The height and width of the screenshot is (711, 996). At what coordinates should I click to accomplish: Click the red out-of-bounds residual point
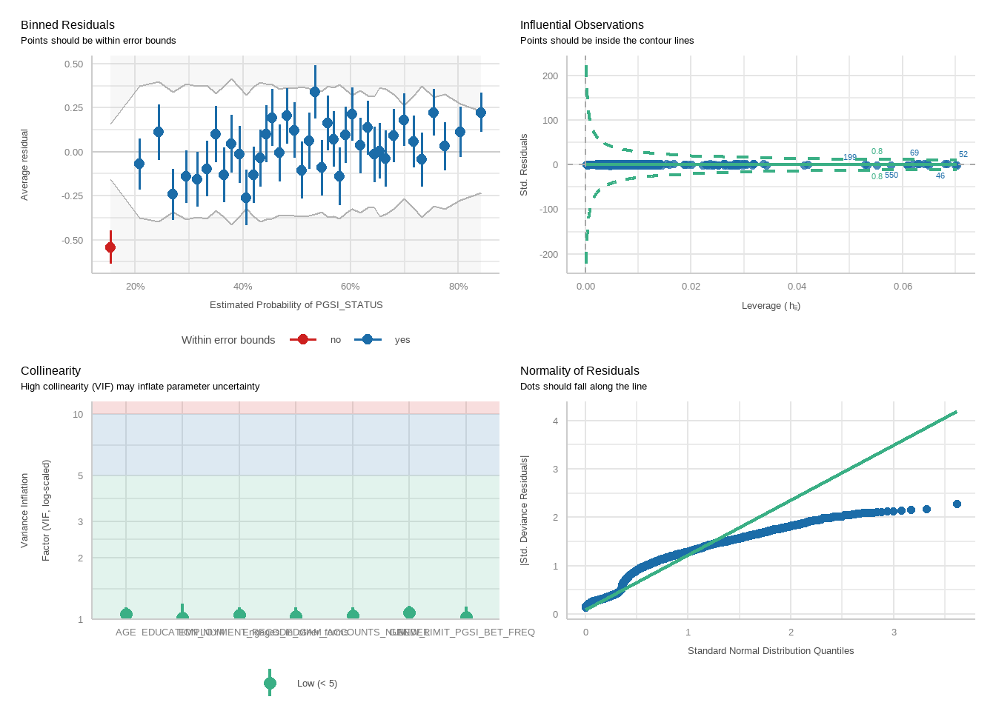click(x=110, y=247)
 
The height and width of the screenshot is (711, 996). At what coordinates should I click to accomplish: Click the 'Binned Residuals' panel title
click(x=67, y=25)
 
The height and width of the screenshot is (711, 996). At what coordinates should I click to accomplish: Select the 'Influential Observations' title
click(x=582, y=25)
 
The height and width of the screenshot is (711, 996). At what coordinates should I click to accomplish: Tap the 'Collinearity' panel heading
click(x=50, y=371)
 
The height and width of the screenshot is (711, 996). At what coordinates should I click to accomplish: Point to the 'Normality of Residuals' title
click(x=580, y=371)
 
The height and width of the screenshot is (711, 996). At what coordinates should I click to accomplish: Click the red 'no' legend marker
click(x=302, y=340)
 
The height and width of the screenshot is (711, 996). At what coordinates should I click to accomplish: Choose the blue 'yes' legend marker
click(x=368, y=340)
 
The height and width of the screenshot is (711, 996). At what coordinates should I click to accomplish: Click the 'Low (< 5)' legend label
click(x=316, y=684)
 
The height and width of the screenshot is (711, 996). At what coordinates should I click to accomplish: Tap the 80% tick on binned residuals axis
click(x=458, y=287)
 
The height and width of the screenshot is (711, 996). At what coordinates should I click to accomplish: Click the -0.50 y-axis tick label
click(x=73, y=241)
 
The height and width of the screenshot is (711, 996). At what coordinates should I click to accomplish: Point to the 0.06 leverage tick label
click(x=903, y=287)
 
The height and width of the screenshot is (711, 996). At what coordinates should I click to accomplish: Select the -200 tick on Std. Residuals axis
click(x=550, y=255)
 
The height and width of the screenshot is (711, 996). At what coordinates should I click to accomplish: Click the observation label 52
click(x=963, y=155)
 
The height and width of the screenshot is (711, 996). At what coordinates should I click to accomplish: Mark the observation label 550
click(x=892, y=176)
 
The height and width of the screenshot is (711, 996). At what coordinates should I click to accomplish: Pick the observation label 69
click(x=914, y=153)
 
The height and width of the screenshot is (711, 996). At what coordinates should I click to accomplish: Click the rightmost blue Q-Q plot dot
click(x=957, y=504)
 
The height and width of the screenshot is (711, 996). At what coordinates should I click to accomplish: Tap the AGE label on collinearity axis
click(x=126, y=632)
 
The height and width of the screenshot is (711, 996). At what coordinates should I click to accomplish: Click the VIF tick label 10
click(x=78, y=415)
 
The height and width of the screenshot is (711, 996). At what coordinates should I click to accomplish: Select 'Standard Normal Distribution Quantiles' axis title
click(x=771, y=651)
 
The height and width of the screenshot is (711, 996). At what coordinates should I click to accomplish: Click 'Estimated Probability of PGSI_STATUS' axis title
click(x=296, y=305)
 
